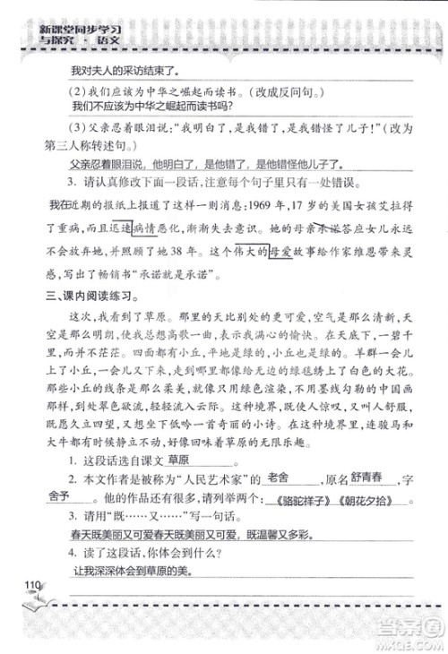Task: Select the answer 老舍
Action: tap(280, 480)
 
